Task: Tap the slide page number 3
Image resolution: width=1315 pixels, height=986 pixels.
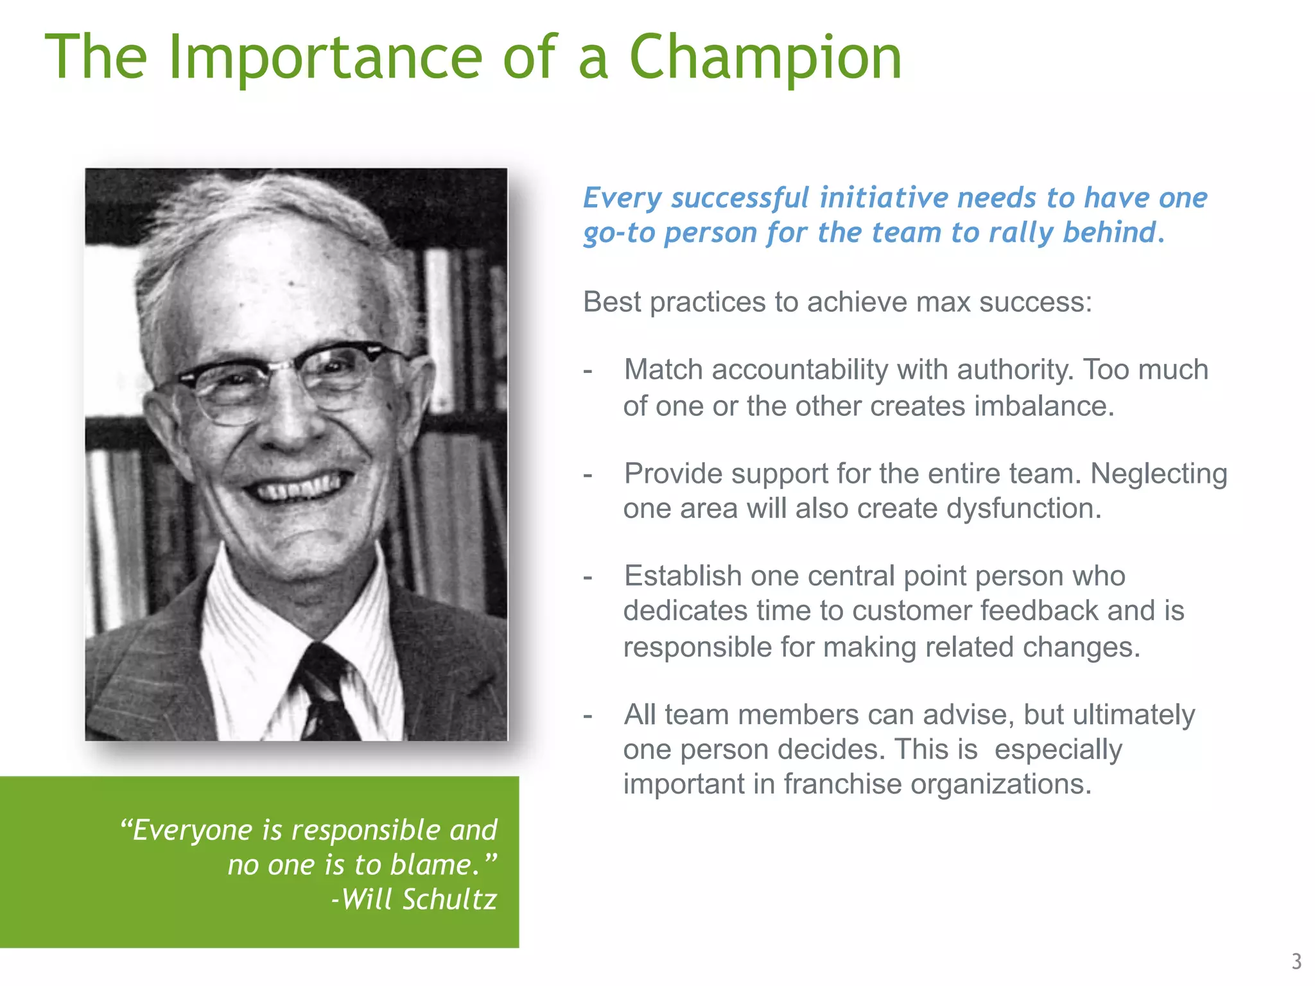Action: [x=1296, y=961]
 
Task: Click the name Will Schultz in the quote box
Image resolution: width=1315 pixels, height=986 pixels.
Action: [x=419, y=899]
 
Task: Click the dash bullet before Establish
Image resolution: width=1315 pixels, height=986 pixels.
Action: [x=588, y=577]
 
